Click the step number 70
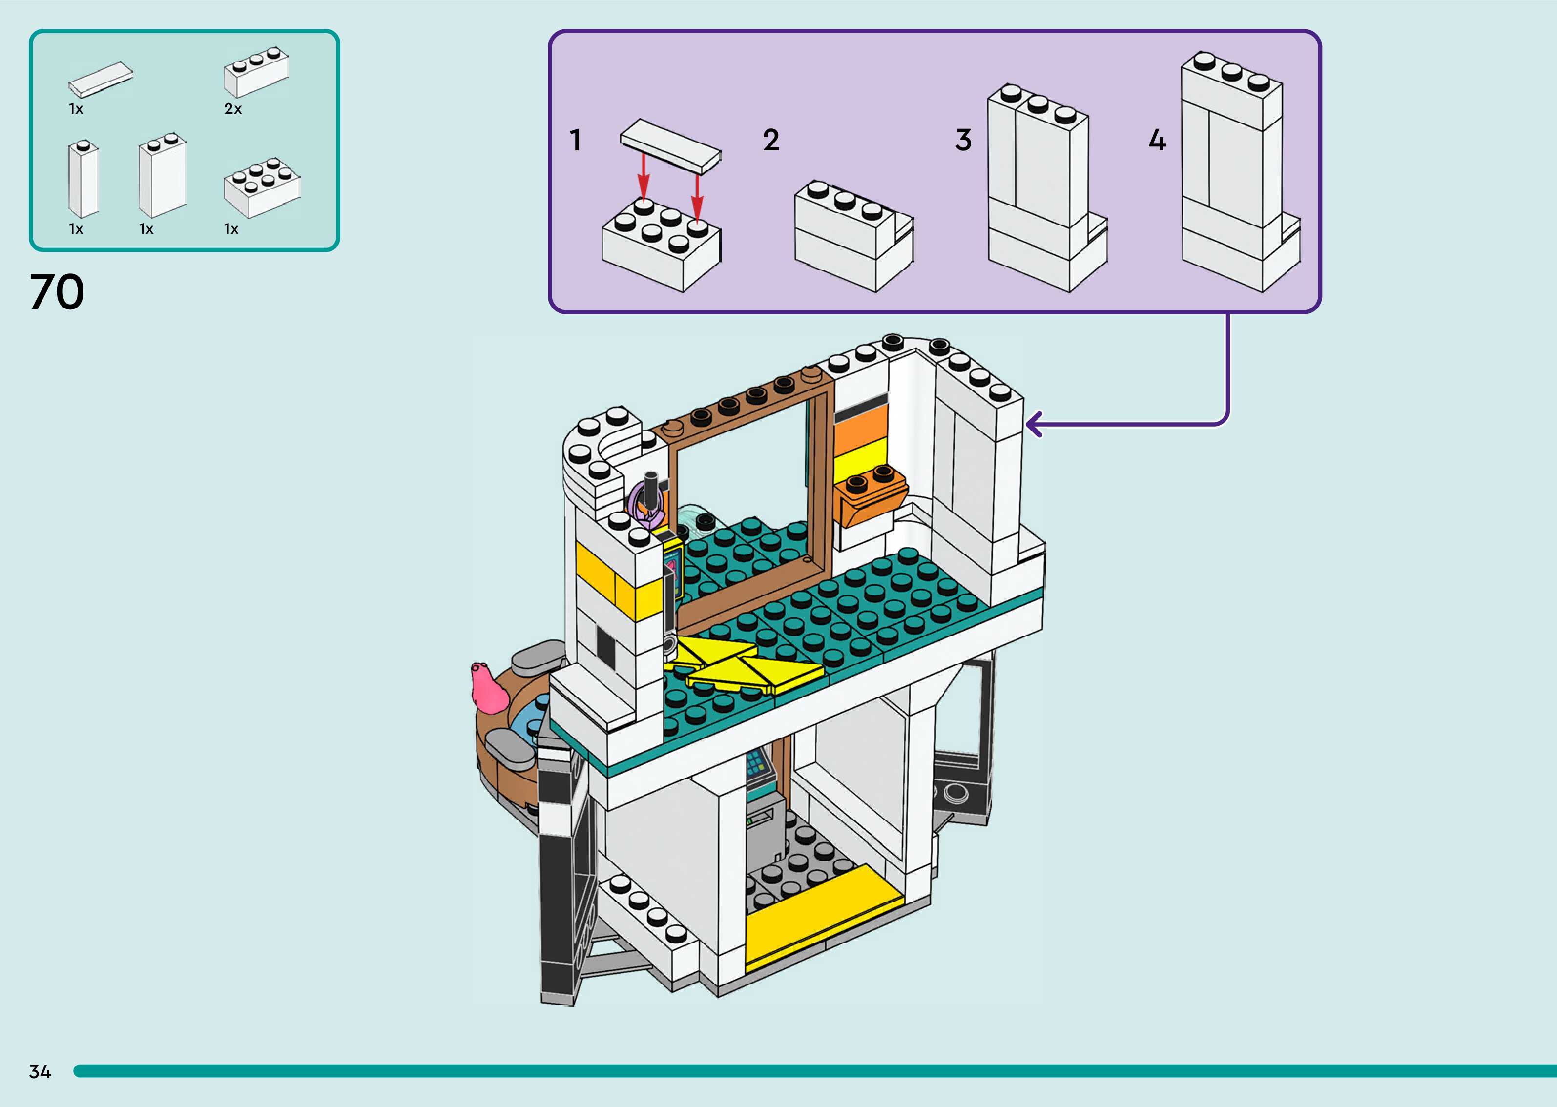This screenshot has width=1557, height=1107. pos(57,292)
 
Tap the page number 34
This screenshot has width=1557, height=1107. pos(40,1071)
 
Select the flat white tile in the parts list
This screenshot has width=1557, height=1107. pos(101,79)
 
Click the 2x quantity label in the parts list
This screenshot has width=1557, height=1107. pos(233,109)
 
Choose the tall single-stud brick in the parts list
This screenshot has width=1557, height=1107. pos(84,179)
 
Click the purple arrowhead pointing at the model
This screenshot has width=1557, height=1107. pos(1034,424)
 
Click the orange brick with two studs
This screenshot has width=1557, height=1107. pos(871,493)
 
